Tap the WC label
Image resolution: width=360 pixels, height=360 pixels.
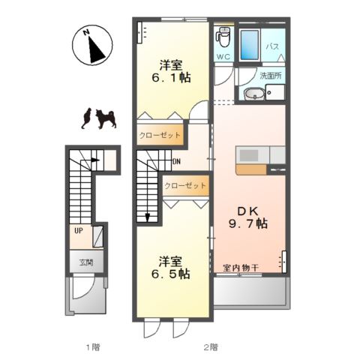[x=223, y=56]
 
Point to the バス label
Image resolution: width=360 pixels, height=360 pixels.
[x=274, y=46]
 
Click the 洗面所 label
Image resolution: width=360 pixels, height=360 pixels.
[x=270, y=75]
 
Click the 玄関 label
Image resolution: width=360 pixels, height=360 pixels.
[x=85, y=262]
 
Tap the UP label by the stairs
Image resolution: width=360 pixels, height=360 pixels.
[x=78, y=230]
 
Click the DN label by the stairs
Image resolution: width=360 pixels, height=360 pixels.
[x=176, y=161]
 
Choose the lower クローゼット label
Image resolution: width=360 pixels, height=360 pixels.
[x=185, y=184]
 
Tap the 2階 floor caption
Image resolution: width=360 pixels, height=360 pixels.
[x=210, y=346]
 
